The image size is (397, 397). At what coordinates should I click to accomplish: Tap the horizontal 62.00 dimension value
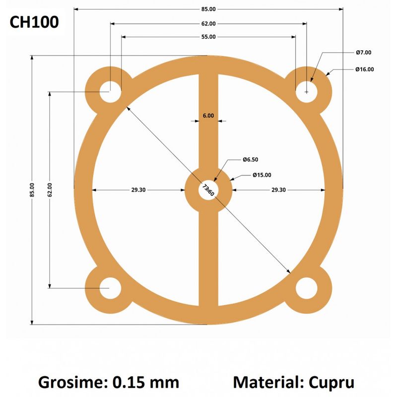tap(208, 24)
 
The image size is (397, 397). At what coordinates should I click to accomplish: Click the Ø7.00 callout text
tap(364, 52)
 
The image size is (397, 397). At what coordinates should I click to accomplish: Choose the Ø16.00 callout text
tap(365, 70)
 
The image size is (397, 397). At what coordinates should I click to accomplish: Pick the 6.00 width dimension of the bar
tap(208, 116)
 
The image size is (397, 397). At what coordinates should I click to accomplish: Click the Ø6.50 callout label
tap(250, 160)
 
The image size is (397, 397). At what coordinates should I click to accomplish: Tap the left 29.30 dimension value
tap(138, 190)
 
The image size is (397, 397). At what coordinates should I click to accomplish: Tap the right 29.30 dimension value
tap(278, 190)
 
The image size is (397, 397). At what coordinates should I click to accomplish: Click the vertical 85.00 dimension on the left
tap(32, 190)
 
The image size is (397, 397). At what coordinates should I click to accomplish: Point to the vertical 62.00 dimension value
tap(50, 190)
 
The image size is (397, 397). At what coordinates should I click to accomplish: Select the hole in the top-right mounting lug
tap(307, 92)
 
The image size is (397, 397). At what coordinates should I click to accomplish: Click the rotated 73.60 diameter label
tap(208, 190)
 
